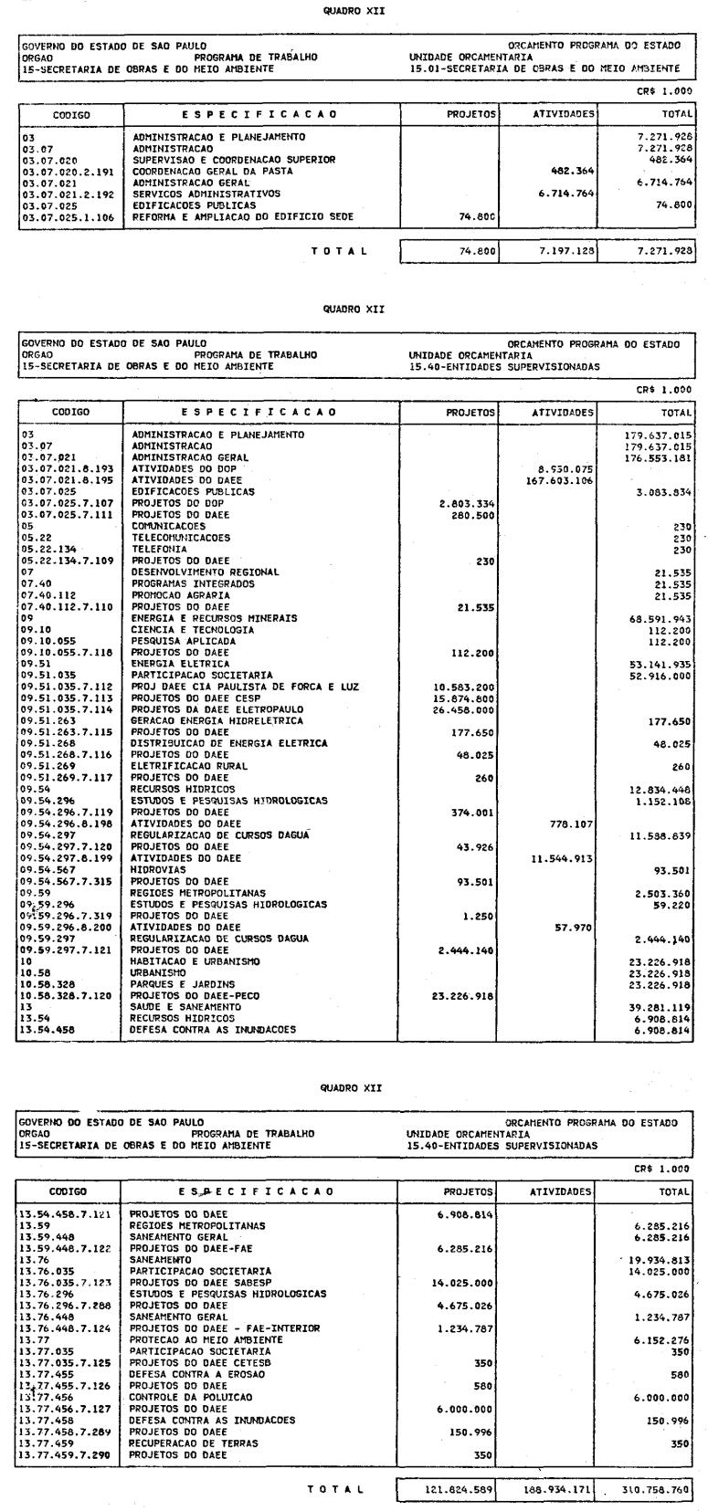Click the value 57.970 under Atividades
pos(574,927)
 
